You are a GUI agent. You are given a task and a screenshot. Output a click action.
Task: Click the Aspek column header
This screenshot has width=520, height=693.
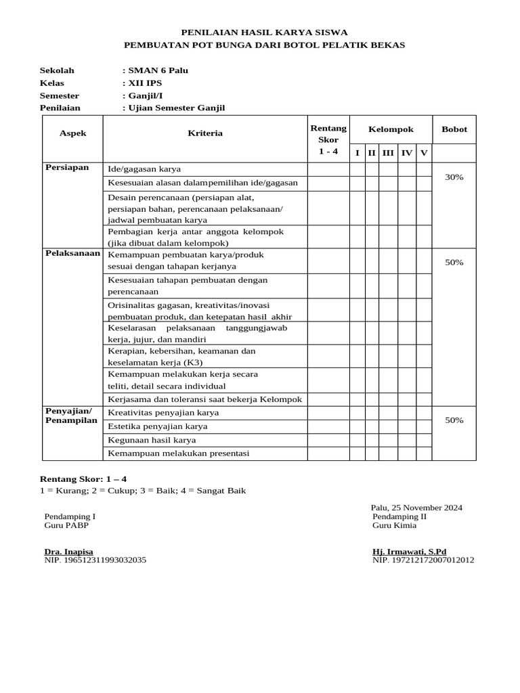tap(72, 133)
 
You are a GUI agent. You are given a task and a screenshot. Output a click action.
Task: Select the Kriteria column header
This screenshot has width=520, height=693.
tap(205, 133)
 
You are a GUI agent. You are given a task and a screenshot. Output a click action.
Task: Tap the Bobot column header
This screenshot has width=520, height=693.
tap(454, 129)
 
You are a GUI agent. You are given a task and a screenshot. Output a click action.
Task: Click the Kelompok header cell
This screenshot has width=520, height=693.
tap(391, 129)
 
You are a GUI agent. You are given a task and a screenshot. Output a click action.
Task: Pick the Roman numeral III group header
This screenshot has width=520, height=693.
tap(388, 153)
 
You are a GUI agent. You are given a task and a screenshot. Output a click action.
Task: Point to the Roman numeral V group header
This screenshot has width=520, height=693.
tap(424, 153)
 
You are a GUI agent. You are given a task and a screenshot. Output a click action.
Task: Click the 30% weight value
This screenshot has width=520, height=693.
tap(454, 177)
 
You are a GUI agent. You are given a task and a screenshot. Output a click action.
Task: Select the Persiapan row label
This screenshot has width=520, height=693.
tap(67, 167)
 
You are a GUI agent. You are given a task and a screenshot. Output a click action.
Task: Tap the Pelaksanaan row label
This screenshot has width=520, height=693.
tap(72, 253)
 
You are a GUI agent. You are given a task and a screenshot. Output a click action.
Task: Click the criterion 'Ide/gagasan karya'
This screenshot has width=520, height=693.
tap(144, 169)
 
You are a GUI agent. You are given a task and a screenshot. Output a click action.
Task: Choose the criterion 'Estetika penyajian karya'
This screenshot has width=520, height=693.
tap(158, 426)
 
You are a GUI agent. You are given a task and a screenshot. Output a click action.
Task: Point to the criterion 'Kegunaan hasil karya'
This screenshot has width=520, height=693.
tap(152, 440)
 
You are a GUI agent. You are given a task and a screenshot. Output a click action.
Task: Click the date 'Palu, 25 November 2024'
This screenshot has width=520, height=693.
tap(416, 508)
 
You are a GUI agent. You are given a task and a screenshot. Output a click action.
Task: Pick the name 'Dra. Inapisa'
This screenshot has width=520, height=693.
tap(69, 552)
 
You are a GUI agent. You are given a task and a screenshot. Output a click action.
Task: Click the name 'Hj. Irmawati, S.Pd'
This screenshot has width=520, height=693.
tap(409, 552)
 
